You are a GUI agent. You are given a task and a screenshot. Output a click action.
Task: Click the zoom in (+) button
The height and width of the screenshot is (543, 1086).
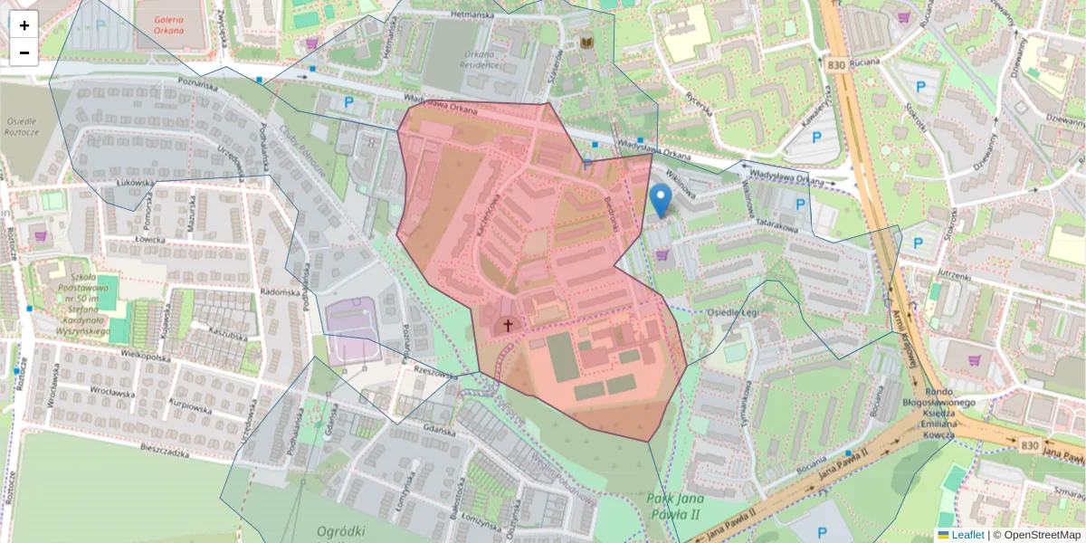pos(24,25)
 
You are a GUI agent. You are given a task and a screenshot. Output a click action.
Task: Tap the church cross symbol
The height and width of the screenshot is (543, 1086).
pos(508,325)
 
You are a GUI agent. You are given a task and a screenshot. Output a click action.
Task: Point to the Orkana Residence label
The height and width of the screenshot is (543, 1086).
pos(480,60)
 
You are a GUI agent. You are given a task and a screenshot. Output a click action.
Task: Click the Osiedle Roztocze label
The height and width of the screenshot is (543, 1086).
pos(22,126)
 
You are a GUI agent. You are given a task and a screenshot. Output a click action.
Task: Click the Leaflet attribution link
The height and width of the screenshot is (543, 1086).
pos(967,535)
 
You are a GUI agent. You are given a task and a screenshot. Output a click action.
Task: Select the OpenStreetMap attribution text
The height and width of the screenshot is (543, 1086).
pos(1042,535)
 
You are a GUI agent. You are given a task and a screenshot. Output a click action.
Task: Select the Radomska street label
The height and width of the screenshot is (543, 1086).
pos(280,292)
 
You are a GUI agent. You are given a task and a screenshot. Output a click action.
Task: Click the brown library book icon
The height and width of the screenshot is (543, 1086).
pos(586,42)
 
